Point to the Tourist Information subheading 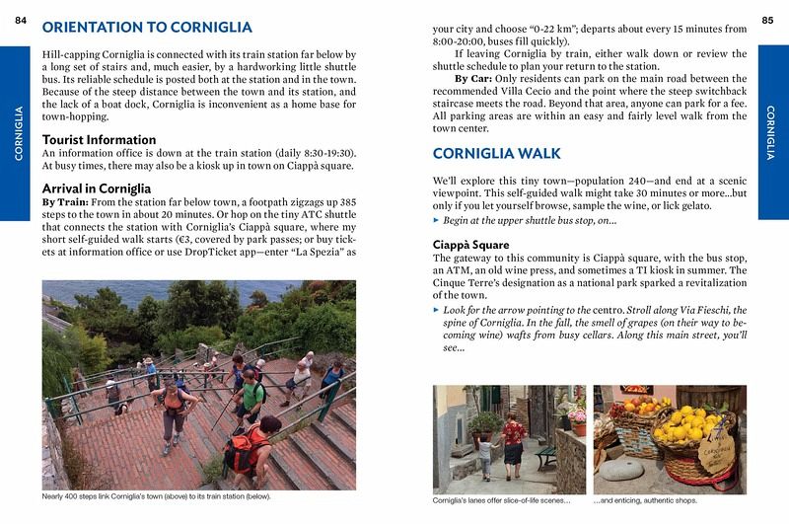(x=99, y=139)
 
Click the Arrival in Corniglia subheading (x=96, y=187)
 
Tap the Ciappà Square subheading (x=476, y=244)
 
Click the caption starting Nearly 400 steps (x=159, y=495)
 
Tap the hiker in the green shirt (x=252, y=389)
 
